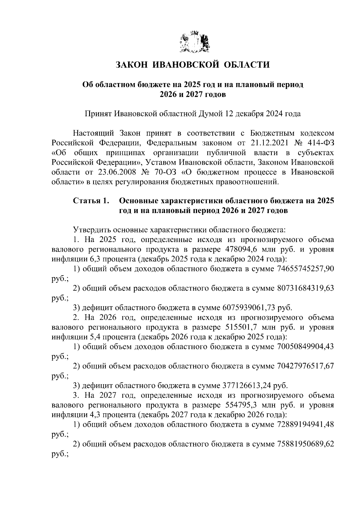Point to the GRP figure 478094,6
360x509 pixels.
click(242, 250)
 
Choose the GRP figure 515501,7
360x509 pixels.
click(242, 328)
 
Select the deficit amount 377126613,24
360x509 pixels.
click(247, 386)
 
